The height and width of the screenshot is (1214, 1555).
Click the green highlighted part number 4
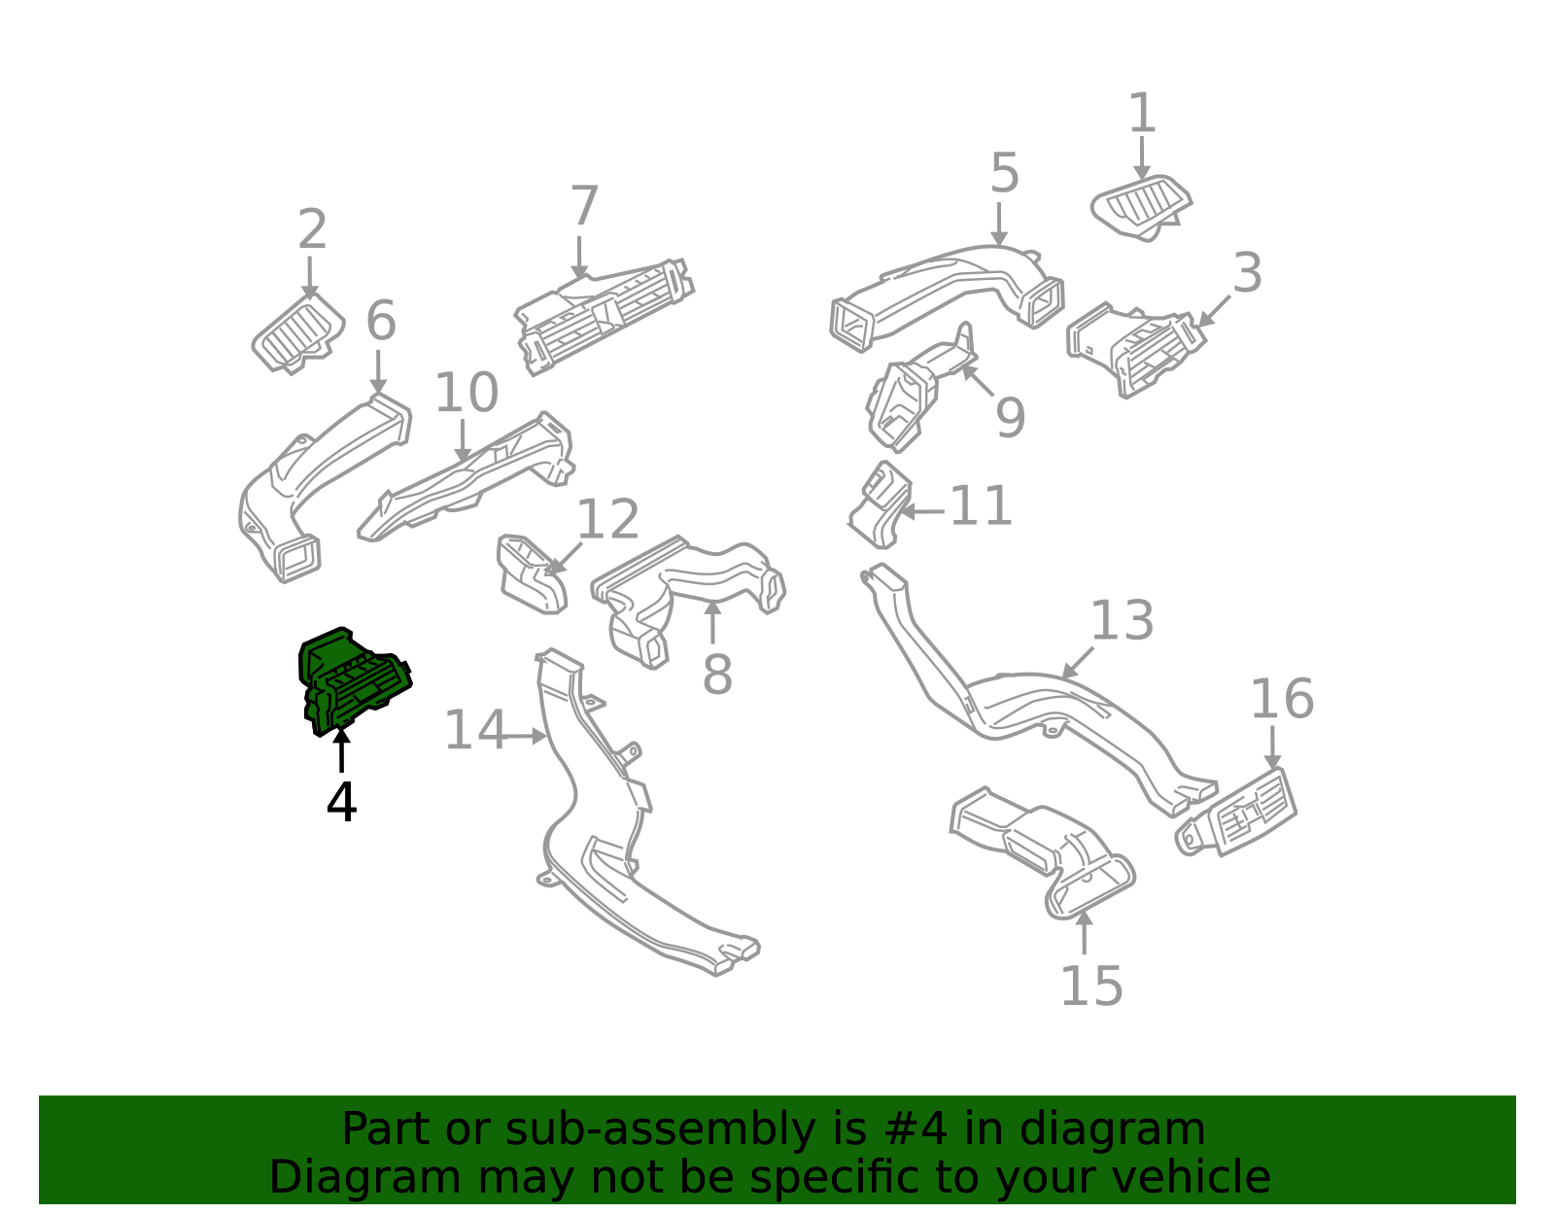point(353,680)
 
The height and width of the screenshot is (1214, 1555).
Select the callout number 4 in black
point(341,802)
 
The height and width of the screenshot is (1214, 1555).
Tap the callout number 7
point(584,206)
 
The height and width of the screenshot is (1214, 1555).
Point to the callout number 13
point(1122,620)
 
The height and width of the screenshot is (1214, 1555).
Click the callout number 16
point(1282,699)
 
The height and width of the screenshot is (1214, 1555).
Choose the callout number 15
point(1091,987)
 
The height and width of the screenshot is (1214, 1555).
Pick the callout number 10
point(466,392)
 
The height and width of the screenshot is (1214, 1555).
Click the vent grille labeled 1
point(1141,207)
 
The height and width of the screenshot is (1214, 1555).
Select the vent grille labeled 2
point(297,332)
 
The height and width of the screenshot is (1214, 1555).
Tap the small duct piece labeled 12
point(532,573)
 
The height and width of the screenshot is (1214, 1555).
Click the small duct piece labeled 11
point(881,504)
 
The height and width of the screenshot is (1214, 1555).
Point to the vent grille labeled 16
point(1236,812)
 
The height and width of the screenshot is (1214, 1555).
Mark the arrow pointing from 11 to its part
point(921,511)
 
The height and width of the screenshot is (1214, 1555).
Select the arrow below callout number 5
point(999,224)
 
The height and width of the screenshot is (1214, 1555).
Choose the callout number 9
point(1011,418)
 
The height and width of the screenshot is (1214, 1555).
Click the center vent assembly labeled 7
point(605,316)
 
